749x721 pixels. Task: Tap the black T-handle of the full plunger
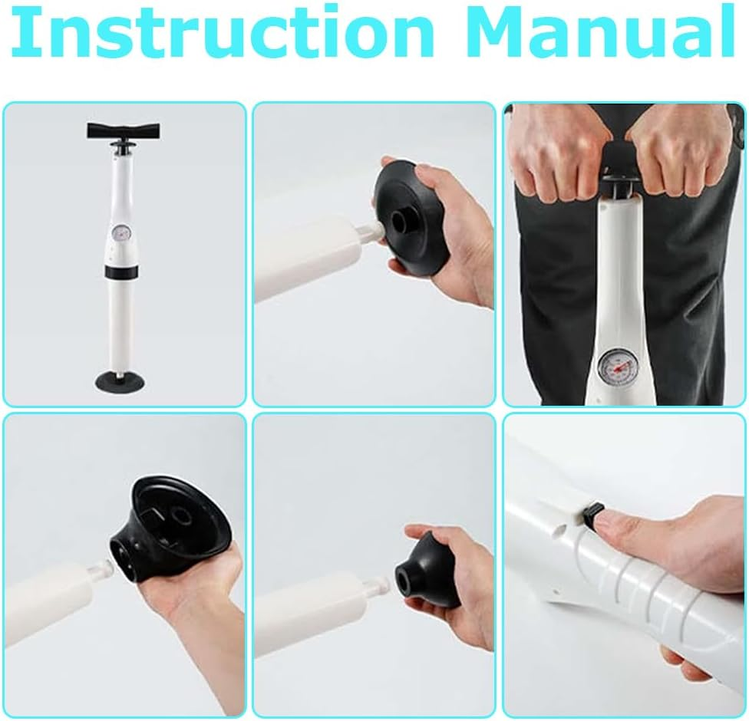[x=123, y=130]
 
